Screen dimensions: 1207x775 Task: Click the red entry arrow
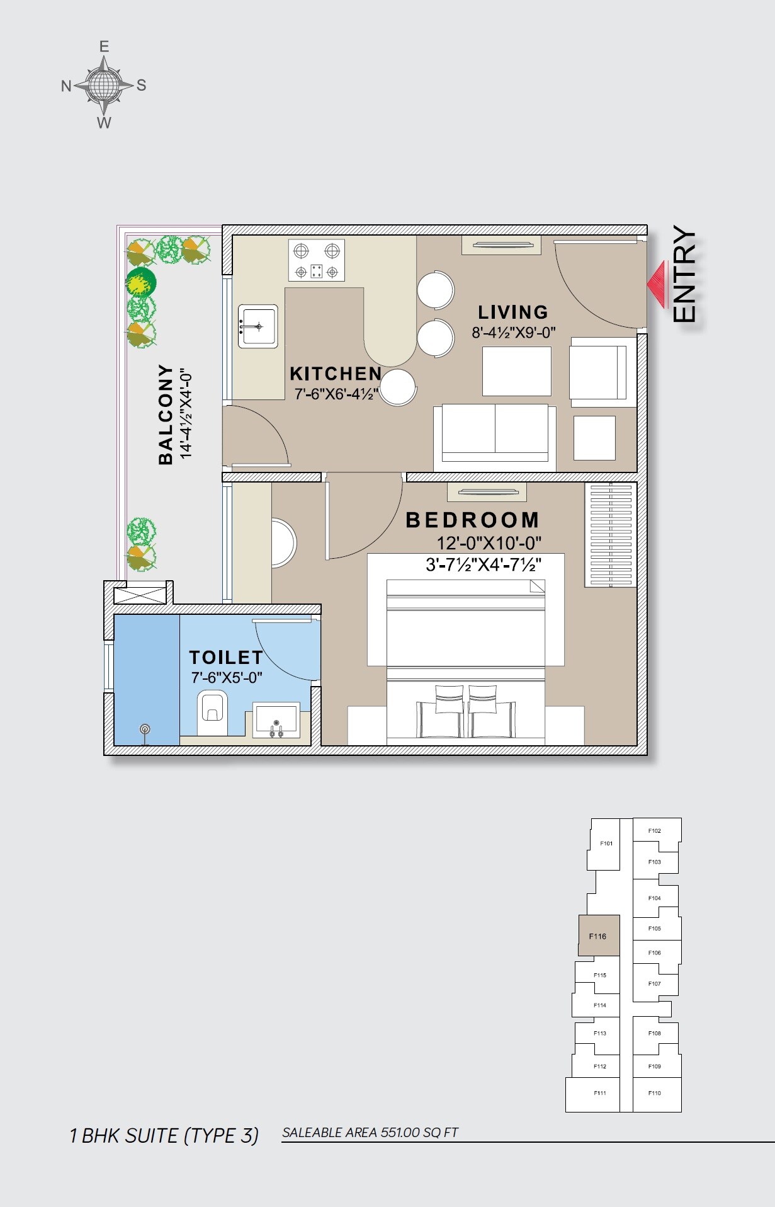point(658,285)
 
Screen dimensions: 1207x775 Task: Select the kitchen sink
point(257,326)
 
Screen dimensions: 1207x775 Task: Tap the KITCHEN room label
point(336,374)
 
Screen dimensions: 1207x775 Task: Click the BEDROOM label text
point(472,520)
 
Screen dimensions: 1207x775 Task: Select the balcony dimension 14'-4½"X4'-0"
point(186,413)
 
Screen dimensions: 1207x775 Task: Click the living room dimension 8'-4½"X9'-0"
point(513,333)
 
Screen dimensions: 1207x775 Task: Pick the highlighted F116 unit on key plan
point(598,935)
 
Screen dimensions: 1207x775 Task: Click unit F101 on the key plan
point(606,844)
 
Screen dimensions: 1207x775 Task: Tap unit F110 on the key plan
point(655,1093)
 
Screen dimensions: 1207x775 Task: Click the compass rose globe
point(103,84)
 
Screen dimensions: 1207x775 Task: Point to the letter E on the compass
point(104,47)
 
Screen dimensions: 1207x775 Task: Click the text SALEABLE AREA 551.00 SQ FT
point(370,1132)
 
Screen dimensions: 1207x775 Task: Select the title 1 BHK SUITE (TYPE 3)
point(164,1135)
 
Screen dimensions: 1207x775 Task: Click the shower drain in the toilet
point(145,729)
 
